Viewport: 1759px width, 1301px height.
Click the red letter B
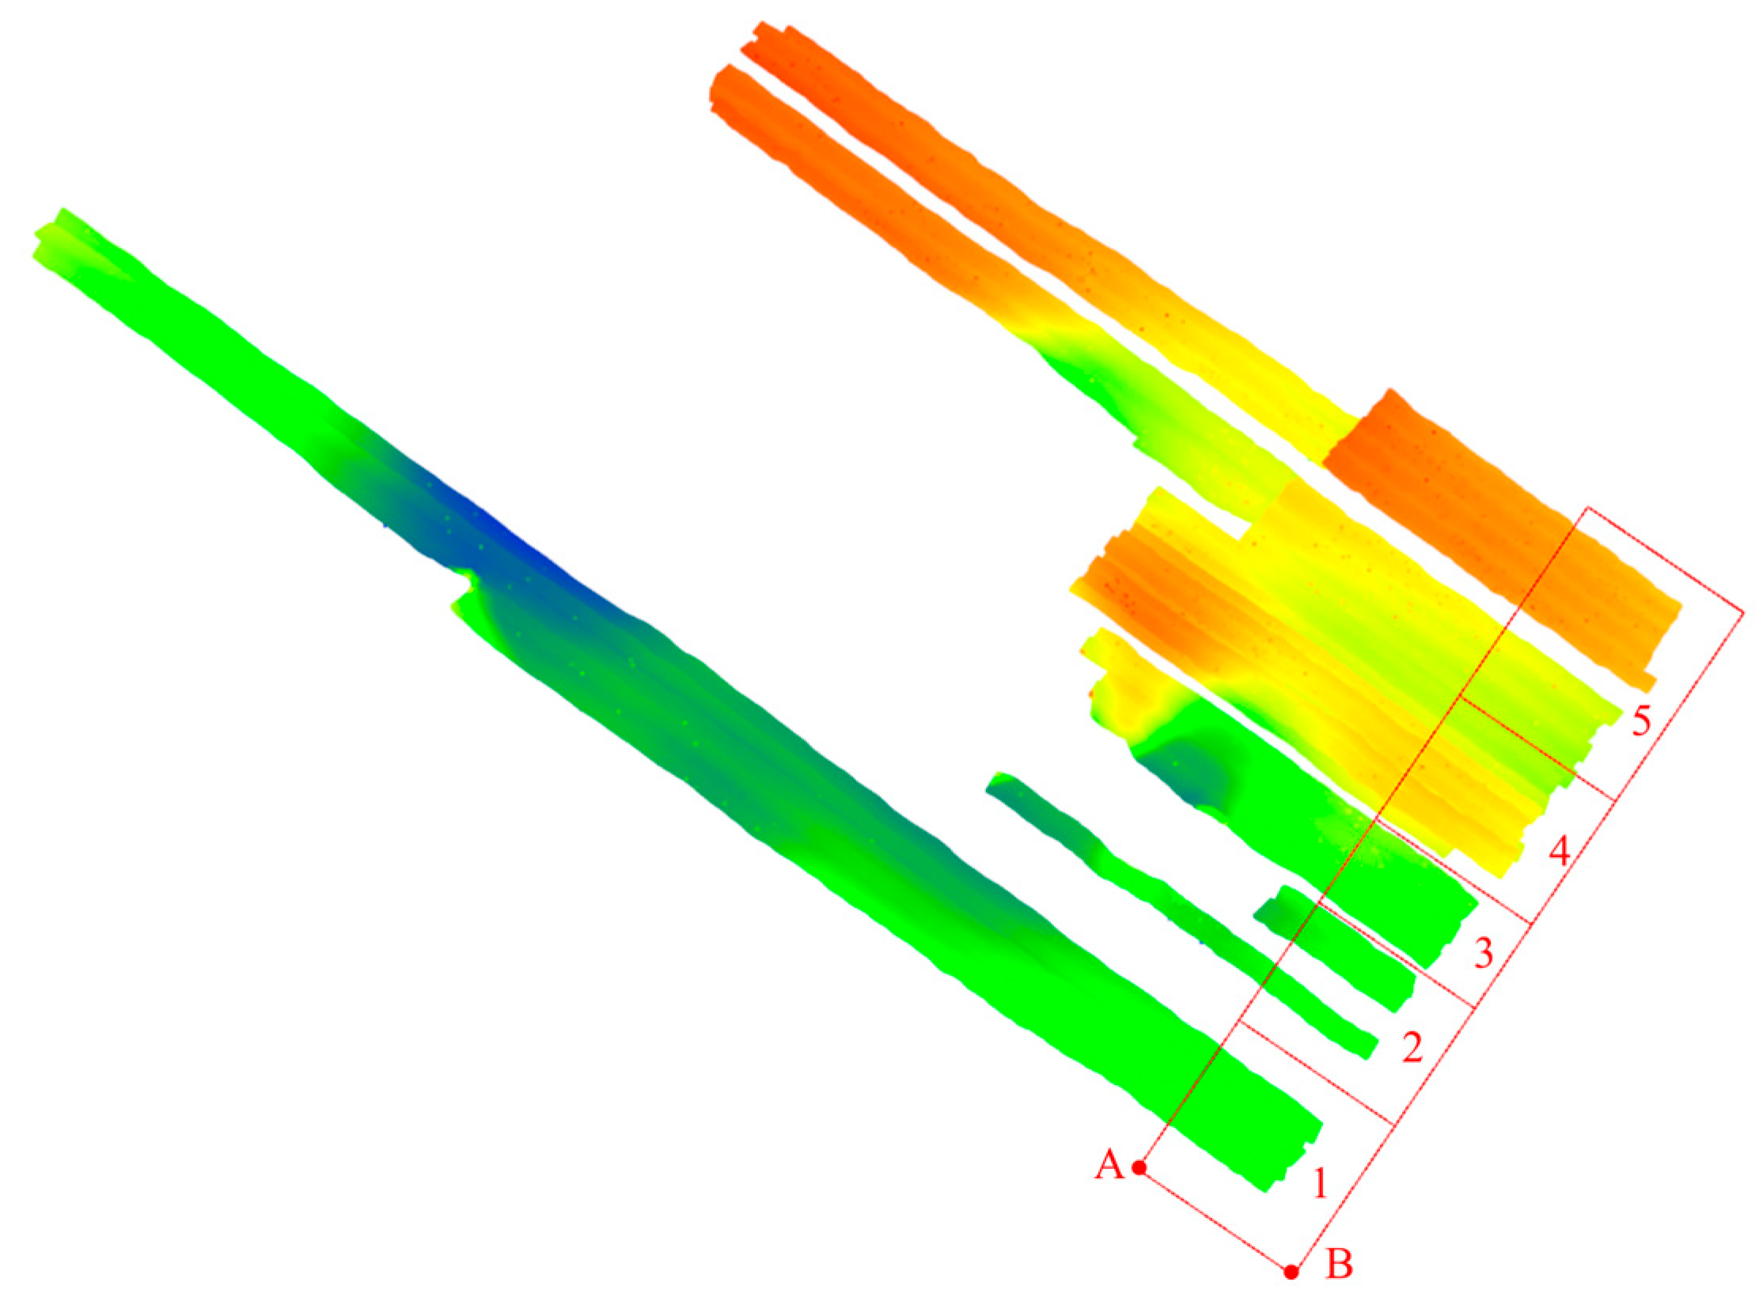coord(1339,1263)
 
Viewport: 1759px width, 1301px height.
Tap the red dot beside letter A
coord(1139,1167)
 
